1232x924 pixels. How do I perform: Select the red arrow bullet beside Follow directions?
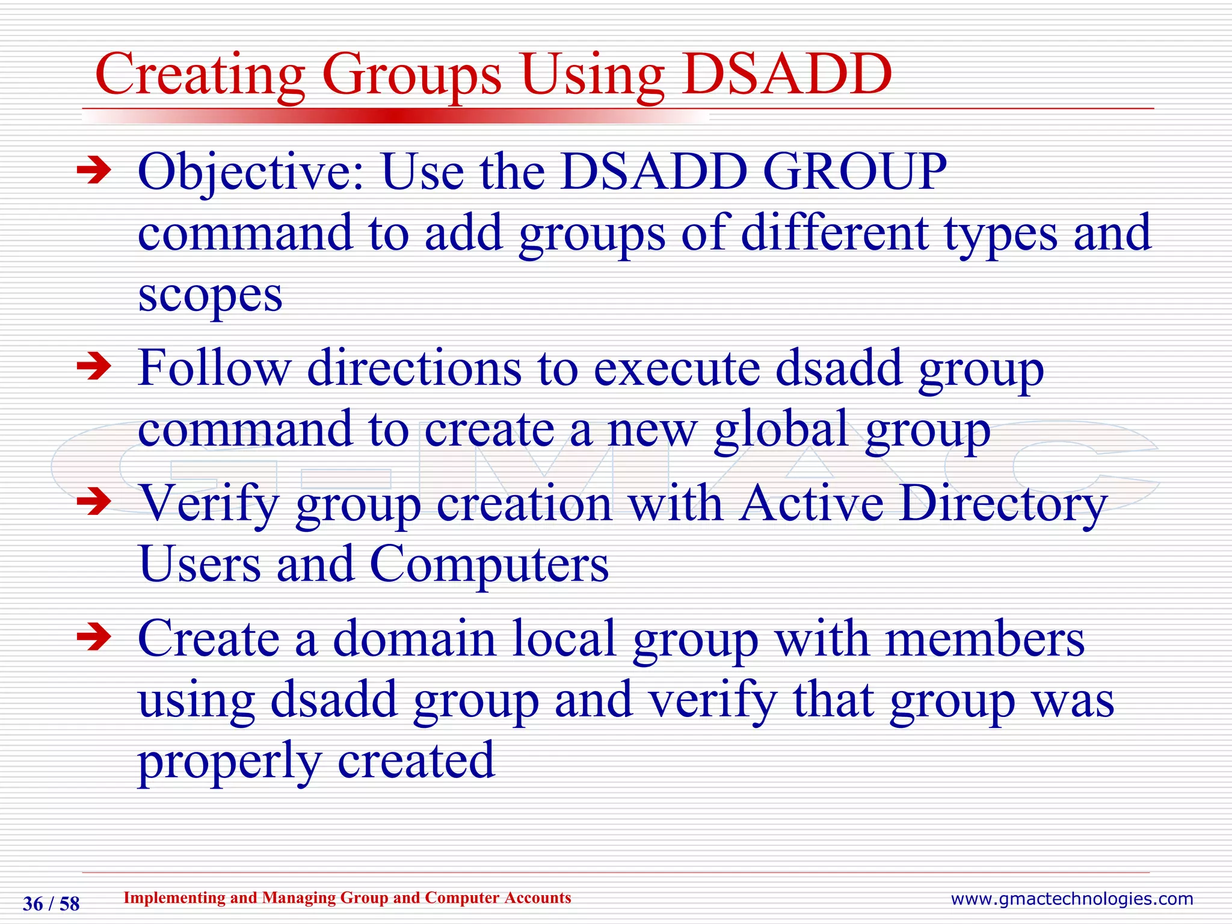click(94, 367)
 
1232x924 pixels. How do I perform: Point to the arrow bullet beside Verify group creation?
click(94, 502)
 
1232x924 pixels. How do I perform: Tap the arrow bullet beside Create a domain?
click(94, 638)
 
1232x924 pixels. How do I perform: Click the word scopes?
click(210, 296)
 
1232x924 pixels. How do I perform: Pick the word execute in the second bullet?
click(677, 368)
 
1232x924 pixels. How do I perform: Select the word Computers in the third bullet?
click(488, 565)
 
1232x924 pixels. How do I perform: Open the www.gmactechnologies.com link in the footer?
click(1071, 899)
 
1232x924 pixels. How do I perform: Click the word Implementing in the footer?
click(174, 898)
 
